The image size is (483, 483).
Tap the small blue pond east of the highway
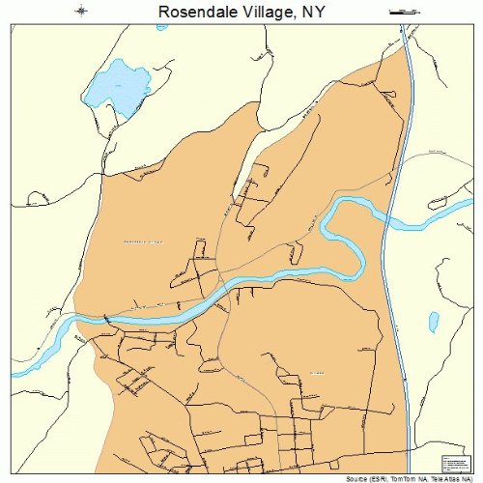coord(434,319)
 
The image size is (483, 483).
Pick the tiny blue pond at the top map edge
coord(162,26)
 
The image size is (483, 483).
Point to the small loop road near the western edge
coord(38,198)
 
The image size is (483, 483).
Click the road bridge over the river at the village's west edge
coord(104,320)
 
